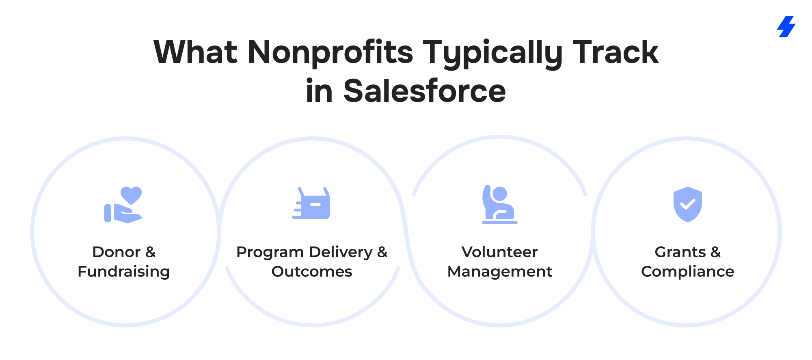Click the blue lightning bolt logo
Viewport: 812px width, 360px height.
[786, 27]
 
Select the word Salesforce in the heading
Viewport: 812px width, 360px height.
[425, 91]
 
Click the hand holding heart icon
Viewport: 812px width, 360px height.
[123, 205]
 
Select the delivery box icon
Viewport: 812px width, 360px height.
[311, 203]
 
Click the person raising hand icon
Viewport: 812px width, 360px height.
[499, 205]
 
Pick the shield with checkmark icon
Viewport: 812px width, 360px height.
[688, 204]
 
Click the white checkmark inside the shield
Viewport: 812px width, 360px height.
[688, 204]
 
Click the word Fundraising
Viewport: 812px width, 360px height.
[124, 272]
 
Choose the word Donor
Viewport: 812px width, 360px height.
[117, 252]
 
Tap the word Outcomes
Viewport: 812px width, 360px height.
[312, 272]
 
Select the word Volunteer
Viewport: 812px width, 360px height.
[500, 252]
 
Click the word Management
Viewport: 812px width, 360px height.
[500, 272]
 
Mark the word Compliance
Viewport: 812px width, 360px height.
[688, 272]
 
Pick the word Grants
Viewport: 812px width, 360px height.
[680, 252]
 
